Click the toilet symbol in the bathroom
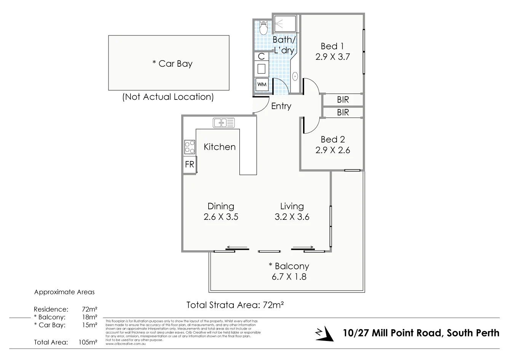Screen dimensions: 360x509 tap(263, 27)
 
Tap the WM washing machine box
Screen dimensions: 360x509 tap(262, 84)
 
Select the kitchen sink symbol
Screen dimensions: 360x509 tap(224, 123)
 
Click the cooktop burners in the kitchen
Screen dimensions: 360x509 tap(190, 147)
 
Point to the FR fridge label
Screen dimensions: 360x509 tap(189, 165)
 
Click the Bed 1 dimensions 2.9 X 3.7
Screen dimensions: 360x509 tap(332, 57)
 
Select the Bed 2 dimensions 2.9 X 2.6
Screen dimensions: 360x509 tap(332, 150)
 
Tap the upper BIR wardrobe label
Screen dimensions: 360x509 tap(343, 100)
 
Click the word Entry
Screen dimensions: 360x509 tap(281, 106)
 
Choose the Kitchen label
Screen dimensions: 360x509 tap(219, 147)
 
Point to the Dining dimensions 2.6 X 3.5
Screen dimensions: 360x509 tap(221, 217)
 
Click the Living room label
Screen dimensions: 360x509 tap(292, 206)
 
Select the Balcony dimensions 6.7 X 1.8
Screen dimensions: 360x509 tap(289, 277)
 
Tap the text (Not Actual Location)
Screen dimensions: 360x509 tap(168, 97)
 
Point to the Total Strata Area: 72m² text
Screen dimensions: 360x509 tap(236, 305)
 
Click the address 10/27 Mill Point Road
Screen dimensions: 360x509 tap(421, 333)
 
